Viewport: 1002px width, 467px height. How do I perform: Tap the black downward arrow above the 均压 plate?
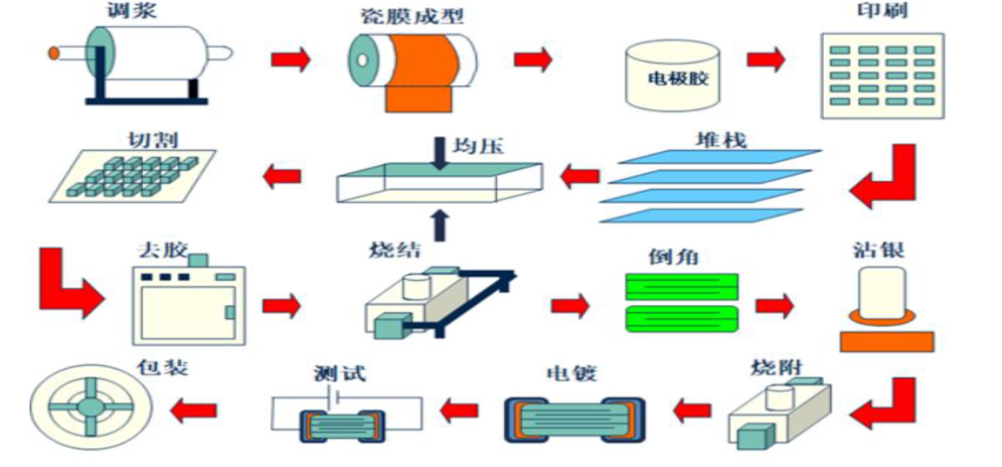tap(441, 153)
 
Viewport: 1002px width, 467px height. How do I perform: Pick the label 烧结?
tap(394, 249)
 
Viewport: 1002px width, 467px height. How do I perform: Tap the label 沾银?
tap(880, 250)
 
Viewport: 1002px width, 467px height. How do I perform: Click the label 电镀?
tap(572, 373)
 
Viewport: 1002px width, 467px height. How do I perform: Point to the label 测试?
tap(340, 373)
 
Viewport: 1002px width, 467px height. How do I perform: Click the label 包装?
tap(163, 368)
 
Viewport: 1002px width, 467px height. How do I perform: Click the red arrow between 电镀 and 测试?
tap(459, 410)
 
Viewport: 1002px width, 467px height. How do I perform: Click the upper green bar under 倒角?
tap(681, 286)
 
